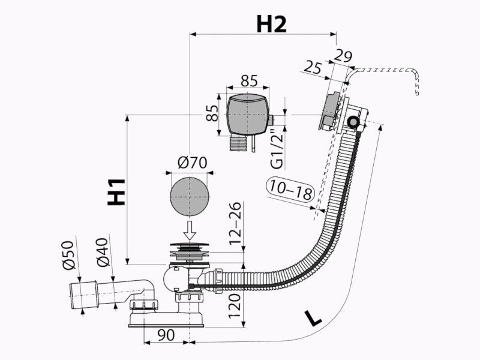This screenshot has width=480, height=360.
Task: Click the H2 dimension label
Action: pos(271,25)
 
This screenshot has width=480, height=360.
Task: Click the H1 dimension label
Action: pos(116,192)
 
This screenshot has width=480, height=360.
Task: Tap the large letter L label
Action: pos(313,319)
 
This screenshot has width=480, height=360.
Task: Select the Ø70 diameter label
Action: pos(193,163)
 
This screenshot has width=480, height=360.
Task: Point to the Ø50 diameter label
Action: pos(68,255)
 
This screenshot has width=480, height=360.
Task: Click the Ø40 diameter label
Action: pos(103,252)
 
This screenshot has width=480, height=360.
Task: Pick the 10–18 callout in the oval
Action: pos(291,190)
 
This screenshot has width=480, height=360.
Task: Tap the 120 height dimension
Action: pos(235,306)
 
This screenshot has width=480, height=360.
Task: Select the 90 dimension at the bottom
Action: pos(166,335)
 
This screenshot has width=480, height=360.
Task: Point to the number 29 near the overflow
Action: pos(343,56)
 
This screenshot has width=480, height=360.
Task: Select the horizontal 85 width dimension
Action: pos(249,80)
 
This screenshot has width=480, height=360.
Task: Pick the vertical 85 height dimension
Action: pos(212,113)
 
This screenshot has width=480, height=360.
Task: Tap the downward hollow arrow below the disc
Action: pos(190,230)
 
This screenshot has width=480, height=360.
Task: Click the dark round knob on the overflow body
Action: pos(353,122)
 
